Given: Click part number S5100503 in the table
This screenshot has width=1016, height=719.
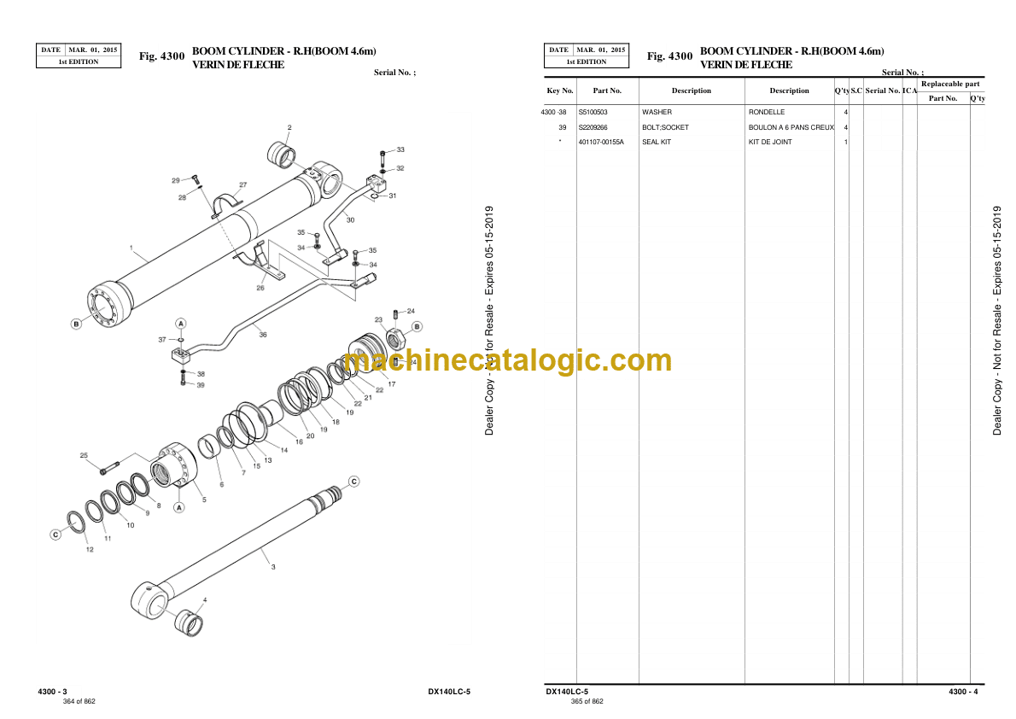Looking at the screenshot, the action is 593,112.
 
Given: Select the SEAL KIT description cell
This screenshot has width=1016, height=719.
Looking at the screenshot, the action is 657,142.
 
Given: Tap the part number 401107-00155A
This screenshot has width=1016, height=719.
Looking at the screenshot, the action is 601,142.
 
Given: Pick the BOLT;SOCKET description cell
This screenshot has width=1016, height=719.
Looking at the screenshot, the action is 665,128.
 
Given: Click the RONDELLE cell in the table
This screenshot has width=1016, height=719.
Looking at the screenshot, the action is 767,112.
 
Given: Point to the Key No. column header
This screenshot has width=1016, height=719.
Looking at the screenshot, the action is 560,91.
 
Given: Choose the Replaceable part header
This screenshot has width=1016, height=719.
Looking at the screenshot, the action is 950,84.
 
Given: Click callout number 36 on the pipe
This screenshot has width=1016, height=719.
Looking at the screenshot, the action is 263,335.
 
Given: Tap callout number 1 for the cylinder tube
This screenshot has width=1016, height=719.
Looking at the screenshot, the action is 131,247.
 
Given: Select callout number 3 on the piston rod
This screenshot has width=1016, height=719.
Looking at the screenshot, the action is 273,567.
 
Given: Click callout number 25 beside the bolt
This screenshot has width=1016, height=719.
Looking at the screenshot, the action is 84,455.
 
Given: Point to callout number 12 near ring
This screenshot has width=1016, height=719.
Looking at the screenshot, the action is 90,549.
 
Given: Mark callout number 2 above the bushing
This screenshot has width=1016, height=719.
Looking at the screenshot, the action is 289,128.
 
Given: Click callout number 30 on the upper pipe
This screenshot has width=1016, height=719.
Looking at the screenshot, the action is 350,219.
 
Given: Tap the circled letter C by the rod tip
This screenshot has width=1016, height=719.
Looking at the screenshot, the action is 353,481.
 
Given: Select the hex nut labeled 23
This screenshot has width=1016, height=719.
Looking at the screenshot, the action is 396,338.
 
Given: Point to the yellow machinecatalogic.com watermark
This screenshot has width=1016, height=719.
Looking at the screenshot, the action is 507,360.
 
